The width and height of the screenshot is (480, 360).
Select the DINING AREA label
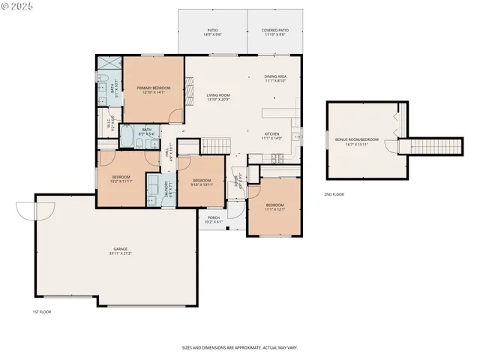coord(275,79)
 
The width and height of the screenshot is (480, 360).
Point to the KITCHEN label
coord(271,136)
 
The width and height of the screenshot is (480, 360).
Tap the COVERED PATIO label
coord(274,33)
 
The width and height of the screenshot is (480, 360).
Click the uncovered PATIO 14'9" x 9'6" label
coord(212,33)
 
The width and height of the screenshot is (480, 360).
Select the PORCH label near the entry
coord(214,220)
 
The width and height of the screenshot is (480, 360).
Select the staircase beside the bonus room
coord(430,145)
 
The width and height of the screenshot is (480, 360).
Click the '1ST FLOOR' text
coord(40,310)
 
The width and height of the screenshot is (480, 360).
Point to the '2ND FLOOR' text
coord(334,194)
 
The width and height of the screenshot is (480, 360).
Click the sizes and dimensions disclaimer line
coord(239,347)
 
